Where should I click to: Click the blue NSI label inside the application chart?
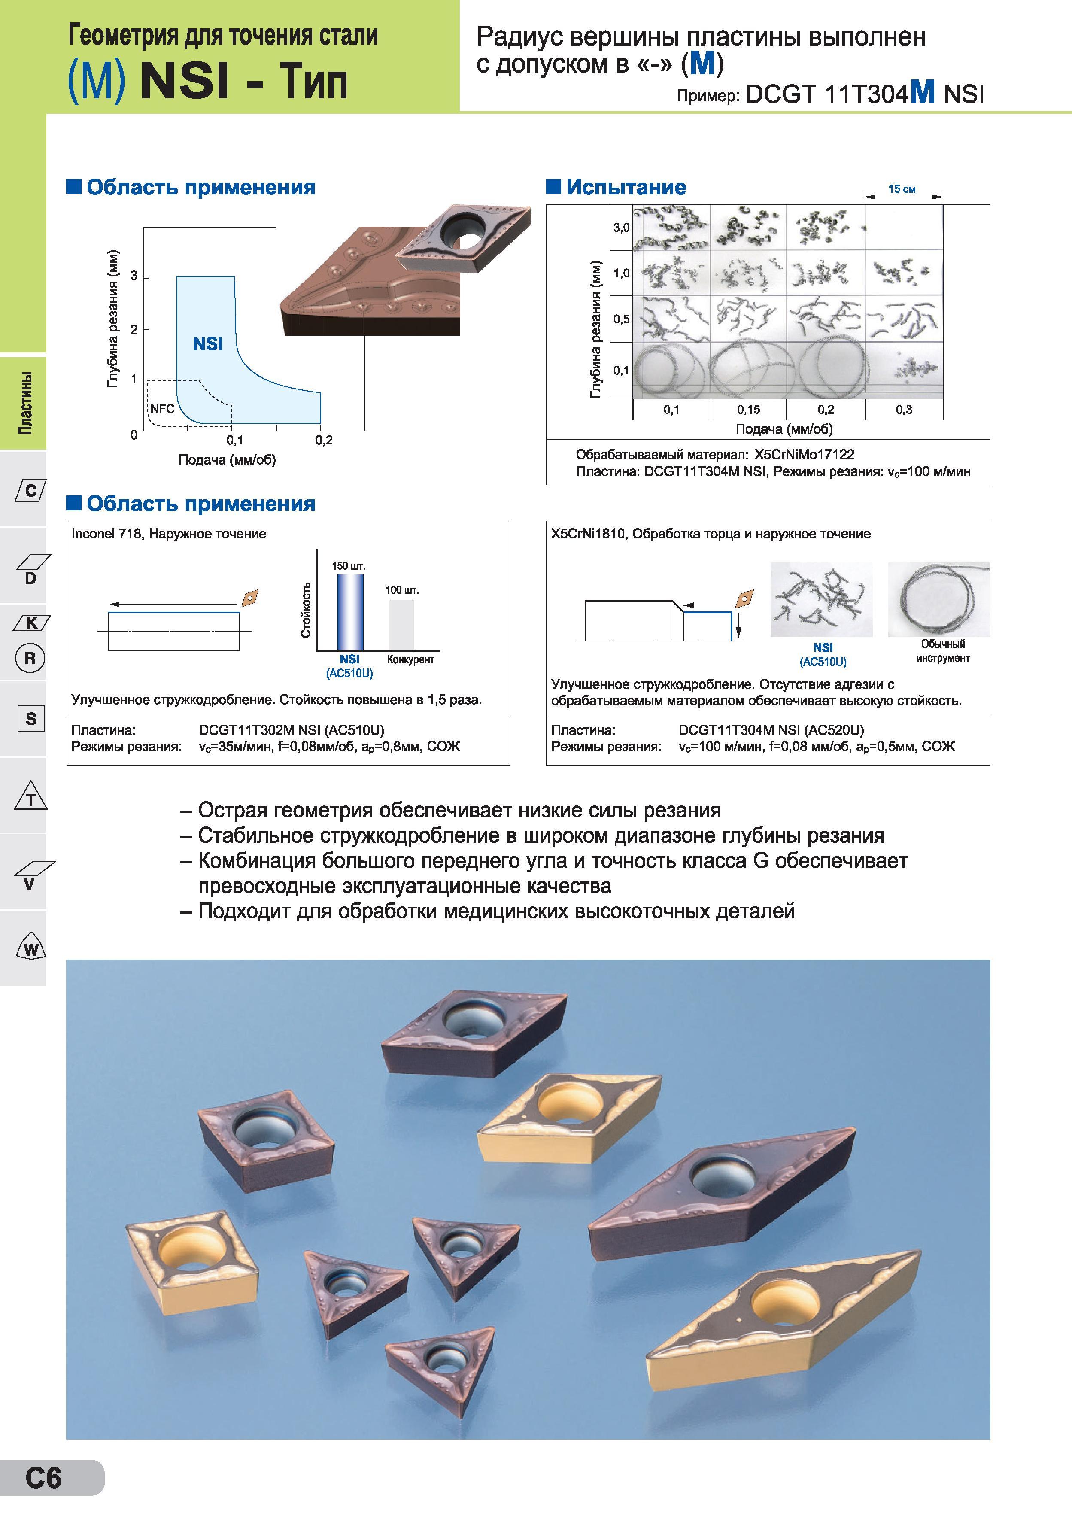tap(208, 344)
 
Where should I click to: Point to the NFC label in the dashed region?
tap(162, 409)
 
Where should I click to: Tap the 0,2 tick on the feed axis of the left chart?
tap(323, 441)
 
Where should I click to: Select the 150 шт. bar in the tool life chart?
tap(350, 612)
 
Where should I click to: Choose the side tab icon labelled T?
tap(30, 796)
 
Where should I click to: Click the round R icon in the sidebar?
tap(30, 658)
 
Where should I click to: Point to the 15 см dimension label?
tap(902, 189)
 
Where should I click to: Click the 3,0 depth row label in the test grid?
tap(621, 228)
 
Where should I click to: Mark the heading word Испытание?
tap(626, 188)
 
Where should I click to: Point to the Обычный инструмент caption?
tap(943, 651)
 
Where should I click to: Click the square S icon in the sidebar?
tap(31, 718)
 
